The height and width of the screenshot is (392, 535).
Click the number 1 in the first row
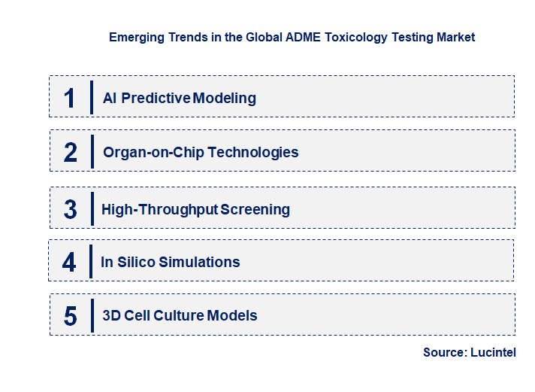tap(70, 98)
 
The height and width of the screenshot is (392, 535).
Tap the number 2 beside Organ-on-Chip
tap(70, 152)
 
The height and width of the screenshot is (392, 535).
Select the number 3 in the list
tap(70, 209)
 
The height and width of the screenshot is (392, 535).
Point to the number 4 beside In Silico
tap(69, 262)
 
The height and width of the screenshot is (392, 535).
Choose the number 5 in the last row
tap(70, 316)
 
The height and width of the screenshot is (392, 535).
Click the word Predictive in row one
tap(156, 98)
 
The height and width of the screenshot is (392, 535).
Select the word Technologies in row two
tap(253, 152)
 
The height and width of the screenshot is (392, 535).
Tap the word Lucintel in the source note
tap(493, 352)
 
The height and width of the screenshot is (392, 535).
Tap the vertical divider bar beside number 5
tap(91, 315)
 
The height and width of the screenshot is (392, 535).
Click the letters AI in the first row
tap(110, 98)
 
